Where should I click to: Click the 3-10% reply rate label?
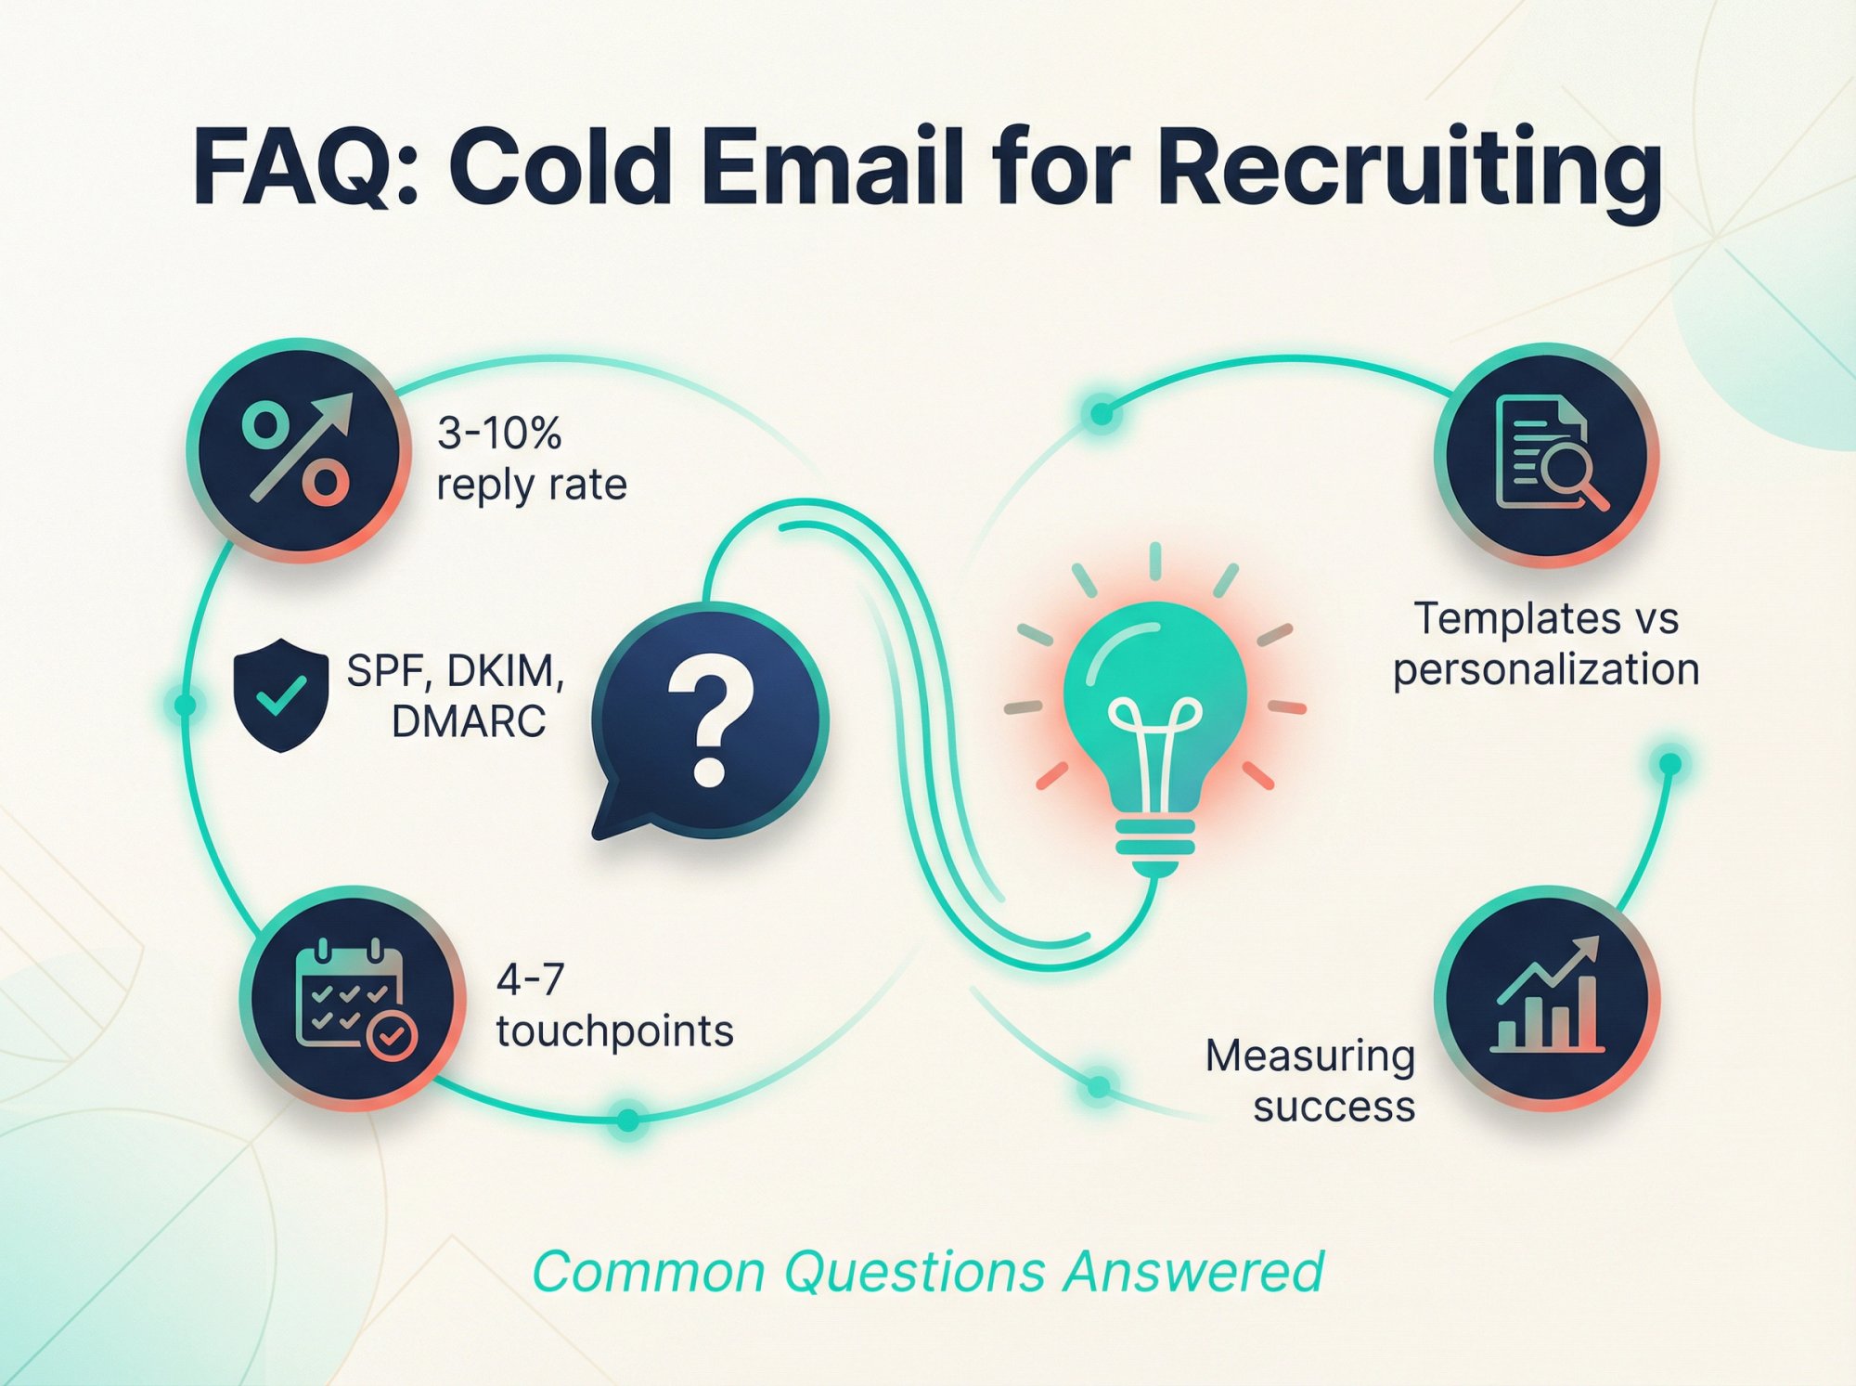pos(531,459)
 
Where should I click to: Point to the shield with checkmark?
pos(281,693)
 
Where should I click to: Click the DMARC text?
pos(468,721)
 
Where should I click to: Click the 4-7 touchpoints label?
pos(613,1005)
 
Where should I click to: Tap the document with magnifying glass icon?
pos(1547,455)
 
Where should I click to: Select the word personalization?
pos(1546,669)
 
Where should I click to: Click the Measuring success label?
pos(1310,1081)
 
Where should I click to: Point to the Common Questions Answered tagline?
pos(928,1271)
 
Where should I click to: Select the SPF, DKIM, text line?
pos(455,670)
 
